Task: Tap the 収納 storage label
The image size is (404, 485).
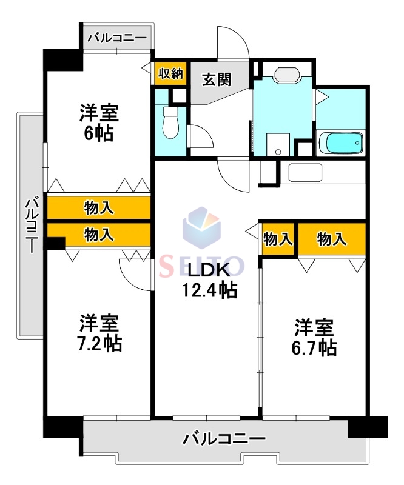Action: pyautogui.click(x=170, y=73)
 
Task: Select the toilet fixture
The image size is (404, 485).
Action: pyautogui.click(x=170, y=121)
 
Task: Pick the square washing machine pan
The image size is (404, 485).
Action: pyautogui.click(x=278, y=144)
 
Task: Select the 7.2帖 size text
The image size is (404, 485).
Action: pyautogui.click(x=99, y=343)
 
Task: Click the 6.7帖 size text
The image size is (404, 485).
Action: pyautogui.click(x=314, y=347)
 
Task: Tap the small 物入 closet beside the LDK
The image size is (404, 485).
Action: pyautogui.click(x=278, y=239)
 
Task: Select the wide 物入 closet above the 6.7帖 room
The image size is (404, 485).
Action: pyautogui.click(x=332, y=239)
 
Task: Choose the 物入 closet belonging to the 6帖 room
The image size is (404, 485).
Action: pyautogui.click(x=99, y=208)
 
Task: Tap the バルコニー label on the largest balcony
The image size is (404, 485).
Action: pyautogui.click(x=224, y=438)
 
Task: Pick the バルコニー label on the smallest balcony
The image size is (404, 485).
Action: pyautogui.click(x=116, y=38)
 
